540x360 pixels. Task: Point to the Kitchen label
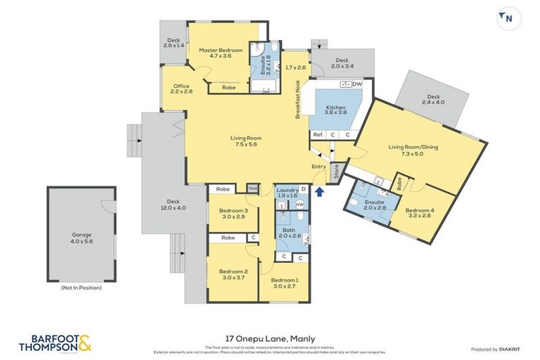[x=335, y=109]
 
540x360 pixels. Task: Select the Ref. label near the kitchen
[x=318, y=134]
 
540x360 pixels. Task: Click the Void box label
[x=253, y=188]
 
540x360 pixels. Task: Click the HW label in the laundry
[x=299, y=205]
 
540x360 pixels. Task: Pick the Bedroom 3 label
[x=232, y=214]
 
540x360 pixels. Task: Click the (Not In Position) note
[x=82, y=287]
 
